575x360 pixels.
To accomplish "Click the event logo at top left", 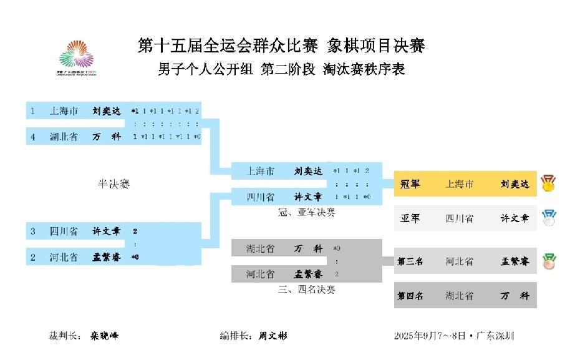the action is point(77,58).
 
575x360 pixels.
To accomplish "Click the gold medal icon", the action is point(548,183).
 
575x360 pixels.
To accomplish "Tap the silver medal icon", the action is point(548,218).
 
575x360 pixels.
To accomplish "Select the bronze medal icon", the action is point(549,261).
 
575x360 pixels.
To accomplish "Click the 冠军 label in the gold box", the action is point(410,184).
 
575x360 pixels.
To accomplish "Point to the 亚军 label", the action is point(410,218).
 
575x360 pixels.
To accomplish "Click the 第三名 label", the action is point(410,261).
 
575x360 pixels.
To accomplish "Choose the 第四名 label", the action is point(410,296).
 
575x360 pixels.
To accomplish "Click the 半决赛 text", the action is point(114,184).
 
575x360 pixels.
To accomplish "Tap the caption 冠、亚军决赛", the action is point(306,212).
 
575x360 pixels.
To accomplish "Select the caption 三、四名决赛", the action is point(306,289).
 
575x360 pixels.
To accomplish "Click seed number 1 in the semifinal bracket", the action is point(32,111).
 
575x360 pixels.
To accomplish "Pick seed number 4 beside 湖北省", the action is point(32,136).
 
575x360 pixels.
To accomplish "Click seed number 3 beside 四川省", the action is point(32,231).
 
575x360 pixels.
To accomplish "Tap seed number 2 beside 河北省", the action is point(32,256).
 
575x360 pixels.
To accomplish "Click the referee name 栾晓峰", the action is point(104,336).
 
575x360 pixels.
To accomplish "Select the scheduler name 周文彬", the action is point(273,336).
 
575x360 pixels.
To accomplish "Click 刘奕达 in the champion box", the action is point(515,184).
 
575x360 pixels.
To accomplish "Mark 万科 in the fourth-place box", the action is point(515,296).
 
